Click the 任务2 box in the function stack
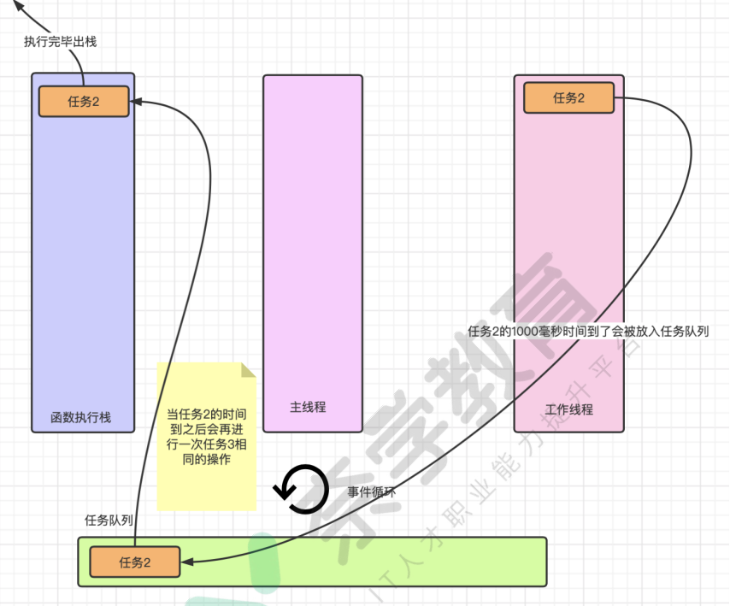[84, 101]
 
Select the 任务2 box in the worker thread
[568, 97]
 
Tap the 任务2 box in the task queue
[135, 562]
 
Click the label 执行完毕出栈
[60, 41]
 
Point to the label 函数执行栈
[81, 418]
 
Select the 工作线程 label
[568, 409]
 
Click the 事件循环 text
[371, 492]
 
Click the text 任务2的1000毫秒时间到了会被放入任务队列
[589, 331]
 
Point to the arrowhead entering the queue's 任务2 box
[186, 562]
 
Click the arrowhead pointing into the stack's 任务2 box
[136, 102]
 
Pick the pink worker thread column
[568, 256]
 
